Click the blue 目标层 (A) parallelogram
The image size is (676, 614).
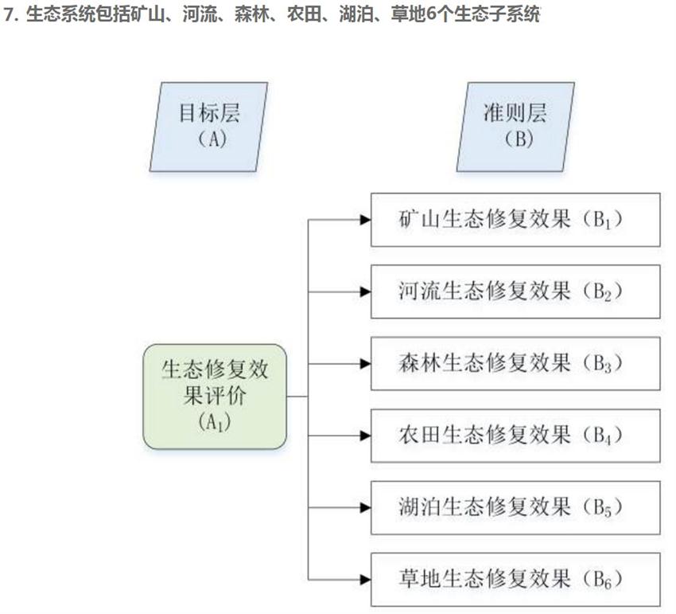tap(208, 126)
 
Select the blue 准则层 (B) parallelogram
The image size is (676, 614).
tap(515, 126)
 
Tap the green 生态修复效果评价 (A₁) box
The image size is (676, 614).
tap(214, 396)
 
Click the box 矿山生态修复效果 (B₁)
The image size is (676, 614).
tap(515, 219)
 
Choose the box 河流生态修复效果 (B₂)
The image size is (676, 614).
tap(515, 291)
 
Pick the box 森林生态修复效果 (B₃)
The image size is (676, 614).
tap(515, 363)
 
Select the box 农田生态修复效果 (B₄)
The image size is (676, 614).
tap(515, 436)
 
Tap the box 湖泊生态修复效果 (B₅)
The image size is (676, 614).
tap(515, 507)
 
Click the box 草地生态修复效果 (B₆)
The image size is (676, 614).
tap(515, 579)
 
